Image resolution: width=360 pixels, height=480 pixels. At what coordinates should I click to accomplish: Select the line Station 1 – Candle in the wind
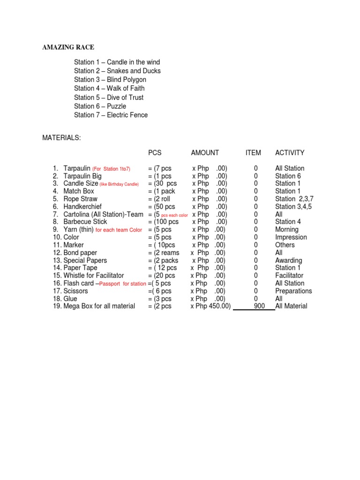[x=117, y=62]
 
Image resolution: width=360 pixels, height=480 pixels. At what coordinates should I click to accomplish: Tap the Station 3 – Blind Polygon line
[x=110, y=80]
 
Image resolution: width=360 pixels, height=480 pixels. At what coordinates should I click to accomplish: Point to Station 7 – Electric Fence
[x=111, y=115]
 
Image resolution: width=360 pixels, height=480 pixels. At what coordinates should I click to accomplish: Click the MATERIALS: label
[x=61, y=138]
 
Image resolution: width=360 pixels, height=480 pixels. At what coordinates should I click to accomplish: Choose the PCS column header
[x=155, y=153]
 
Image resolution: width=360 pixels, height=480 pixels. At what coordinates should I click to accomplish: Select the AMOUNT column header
[x=205, y=153]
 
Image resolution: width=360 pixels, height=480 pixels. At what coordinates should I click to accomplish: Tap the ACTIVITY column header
[x=290, y=153]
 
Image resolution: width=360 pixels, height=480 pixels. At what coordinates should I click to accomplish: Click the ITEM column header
[x=253, y=153]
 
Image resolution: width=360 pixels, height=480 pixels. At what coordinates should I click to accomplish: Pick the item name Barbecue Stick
[x=85, y=222]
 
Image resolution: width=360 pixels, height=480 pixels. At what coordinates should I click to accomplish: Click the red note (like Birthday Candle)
[x=119, y=184]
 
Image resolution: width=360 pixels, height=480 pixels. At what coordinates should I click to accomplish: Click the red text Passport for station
[x=123, y=284]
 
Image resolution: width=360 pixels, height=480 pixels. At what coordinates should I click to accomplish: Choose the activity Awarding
[x=289, y=260]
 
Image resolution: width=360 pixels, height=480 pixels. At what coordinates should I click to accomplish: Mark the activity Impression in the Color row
[x=291, y=237]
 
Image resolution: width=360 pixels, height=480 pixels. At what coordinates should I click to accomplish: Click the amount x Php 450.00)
[x=210, y=306]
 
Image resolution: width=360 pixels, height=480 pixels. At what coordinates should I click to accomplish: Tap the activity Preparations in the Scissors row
[x=293, y=291]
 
